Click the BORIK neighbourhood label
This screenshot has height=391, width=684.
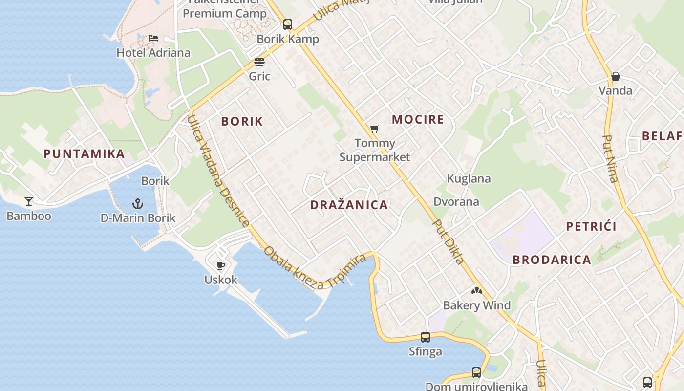point(242,122)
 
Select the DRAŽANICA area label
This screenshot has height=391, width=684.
point(349,205)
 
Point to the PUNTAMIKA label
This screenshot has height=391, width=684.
point(84,154)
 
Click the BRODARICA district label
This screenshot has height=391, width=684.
point(552,260)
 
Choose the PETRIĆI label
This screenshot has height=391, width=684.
point(591,226)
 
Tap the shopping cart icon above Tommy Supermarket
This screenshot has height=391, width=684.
point(374,129)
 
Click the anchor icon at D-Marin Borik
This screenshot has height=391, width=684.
point(138,203)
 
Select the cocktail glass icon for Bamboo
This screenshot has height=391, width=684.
point(29,201)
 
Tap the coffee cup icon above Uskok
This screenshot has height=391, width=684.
point(221,265)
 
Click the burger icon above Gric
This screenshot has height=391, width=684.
point(259,63)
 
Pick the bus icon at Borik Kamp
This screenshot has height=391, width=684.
point(288,24)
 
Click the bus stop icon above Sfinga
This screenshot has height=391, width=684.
point(426,337)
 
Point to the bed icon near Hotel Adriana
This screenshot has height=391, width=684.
point(153,38)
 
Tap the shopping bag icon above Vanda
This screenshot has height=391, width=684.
point(615,76)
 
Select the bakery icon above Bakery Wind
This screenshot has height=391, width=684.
point(476,291)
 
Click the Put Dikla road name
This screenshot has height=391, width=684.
point(449,241)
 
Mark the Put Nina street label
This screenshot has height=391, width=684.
point(611,158)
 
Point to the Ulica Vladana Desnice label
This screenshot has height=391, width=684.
point(218,171)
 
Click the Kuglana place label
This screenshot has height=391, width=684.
point(469,179)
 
